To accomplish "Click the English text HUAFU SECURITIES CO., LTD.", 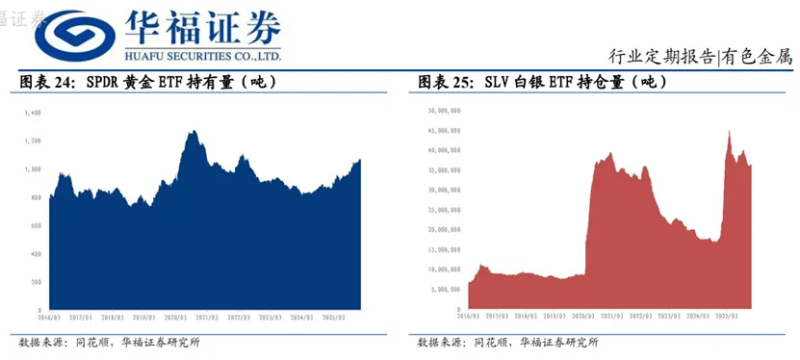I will point(198,57).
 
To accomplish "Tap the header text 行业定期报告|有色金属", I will point(700,55).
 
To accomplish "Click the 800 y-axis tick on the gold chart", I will point(36,197).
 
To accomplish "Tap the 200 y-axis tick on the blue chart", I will point(36,281).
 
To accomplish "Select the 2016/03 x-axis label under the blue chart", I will point(50,316).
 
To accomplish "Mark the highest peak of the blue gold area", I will point(193,132).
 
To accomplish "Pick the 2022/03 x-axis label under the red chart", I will point(639,316).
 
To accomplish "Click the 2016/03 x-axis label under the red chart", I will point(469,316).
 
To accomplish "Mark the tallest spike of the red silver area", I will point(729,130).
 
